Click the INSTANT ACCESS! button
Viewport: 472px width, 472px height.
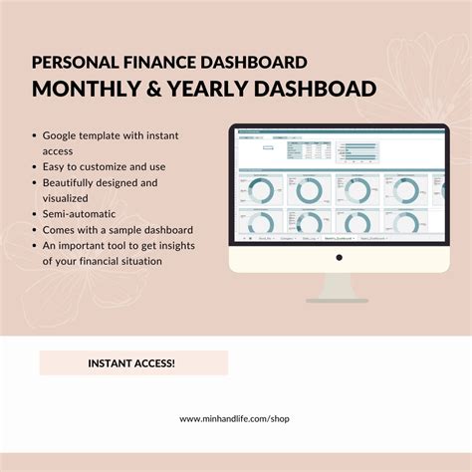coord(133,362)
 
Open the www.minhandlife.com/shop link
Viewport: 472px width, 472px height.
coord(235,419)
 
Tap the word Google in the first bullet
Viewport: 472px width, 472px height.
coord(63,133)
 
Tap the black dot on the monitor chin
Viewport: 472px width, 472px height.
coord(339,256)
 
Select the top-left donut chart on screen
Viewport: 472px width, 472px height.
coord(259,189)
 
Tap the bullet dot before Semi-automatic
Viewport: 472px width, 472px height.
coord(35,214)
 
